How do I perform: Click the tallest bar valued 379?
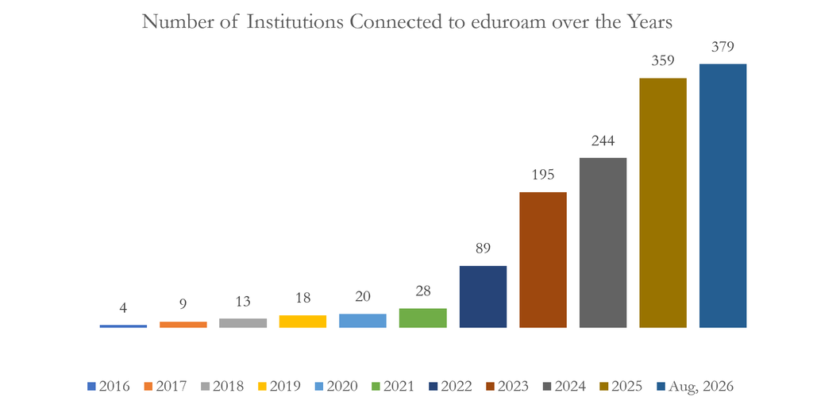(722, 195)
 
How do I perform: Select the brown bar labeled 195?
(543, 260)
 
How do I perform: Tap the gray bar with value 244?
(603, 243)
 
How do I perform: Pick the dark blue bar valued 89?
(484, 297)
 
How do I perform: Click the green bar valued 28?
(423, 318)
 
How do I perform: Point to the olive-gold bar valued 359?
(663, 202)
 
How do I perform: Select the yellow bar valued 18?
(302, 322)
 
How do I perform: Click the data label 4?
(123, 309)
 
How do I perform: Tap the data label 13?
(243, 302)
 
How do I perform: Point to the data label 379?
(723, 47)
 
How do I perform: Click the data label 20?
(363, 297)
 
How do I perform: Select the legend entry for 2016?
(109, 386)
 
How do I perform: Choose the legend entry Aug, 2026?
(695, 386)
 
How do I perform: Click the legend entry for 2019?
(279, 386)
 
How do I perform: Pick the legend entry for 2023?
(507, 386)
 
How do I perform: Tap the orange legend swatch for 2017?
(148, 386)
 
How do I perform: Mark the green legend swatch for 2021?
(376, 386)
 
